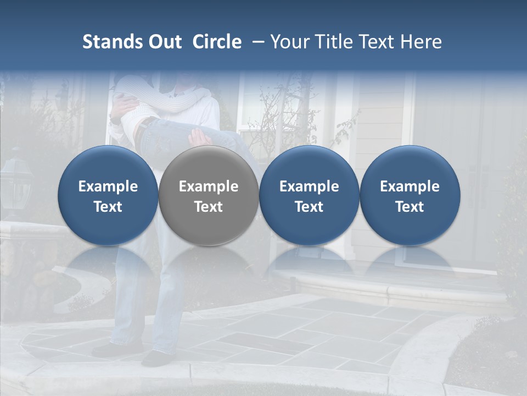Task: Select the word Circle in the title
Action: coord(217,42)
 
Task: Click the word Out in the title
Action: coord(163,42)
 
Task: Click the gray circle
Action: coord(209,195)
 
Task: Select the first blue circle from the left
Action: coord(108,195)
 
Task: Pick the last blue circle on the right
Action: coord(410,195)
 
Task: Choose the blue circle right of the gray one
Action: coord(309,195)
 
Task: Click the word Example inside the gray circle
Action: coord(209,186)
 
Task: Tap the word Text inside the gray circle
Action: coord(209,207)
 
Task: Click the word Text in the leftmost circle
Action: coord(108,207)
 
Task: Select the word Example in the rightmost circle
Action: coord(410,186)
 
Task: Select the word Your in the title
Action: coord(289,42)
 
